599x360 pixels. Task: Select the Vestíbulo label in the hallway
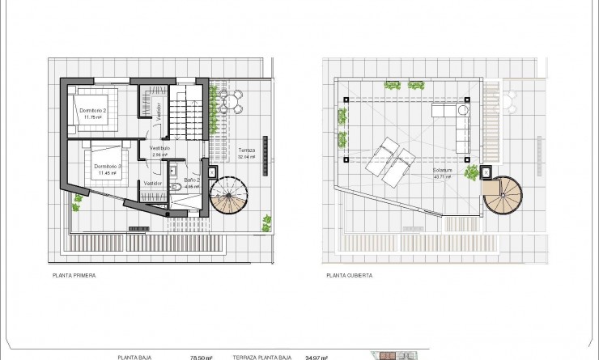pyautogui.click(x=159, y=149)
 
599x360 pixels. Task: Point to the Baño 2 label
pyautogui.click(x=192, y=182)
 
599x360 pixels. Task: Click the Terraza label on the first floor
pyautogui.click(x=246, y=151)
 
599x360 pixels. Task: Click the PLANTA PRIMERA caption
pyautogui.click(x=74, y=276)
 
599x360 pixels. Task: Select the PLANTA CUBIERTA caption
pyautogui.click(x=350, y=276)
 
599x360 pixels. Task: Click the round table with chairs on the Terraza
pyautogui.click(x=231, y=102)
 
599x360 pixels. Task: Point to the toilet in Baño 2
pyautogui.click(x=175, y=184)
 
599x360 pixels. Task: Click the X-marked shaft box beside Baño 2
pyautogui.click(x=212, y=172)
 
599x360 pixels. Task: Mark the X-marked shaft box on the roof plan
pyautogui.click(x=486, y=172)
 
